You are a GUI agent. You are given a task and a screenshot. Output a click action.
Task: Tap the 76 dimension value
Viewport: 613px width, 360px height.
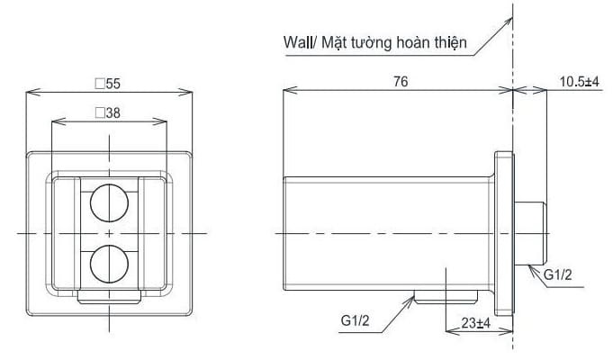(401, 82)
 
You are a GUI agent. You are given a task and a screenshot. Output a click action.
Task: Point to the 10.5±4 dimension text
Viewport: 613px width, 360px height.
(579, 82)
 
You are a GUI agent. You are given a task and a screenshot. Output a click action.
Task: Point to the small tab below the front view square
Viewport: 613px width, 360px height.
(110, 298)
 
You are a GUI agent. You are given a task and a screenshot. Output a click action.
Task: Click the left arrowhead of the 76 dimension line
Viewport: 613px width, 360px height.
(288, 91)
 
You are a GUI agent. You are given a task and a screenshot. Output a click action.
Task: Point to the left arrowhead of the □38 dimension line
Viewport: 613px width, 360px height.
(57, 121)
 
